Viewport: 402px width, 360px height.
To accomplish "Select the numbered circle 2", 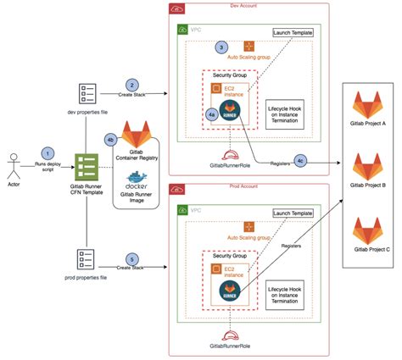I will pos(131,85).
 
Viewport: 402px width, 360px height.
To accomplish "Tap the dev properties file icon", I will pos(87,95).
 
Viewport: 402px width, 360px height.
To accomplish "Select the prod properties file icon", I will pos(87,258).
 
